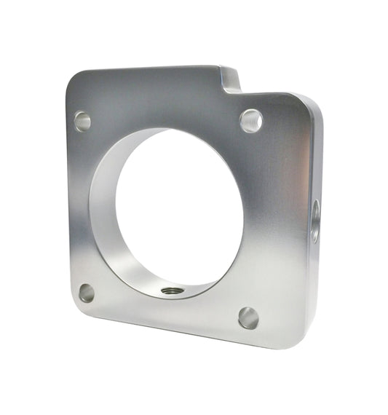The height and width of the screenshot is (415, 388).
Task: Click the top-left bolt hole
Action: pos(82,121)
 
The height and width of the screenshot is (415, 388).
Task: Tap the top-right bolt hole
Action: pos(250,120)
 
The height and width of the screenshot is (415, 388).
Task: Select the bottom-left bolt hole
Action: pos(87,293)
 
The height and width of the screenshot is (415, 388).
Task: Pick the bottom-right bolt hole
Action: pos(248,317)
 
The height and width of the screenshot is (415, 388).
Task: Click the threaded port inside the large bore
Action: pos(172,290)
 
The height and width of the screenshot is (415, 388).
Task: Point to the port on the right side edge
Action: pos(315,221)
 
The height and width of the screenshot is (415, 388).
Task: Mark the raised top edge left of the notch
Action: pos(146,69)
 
